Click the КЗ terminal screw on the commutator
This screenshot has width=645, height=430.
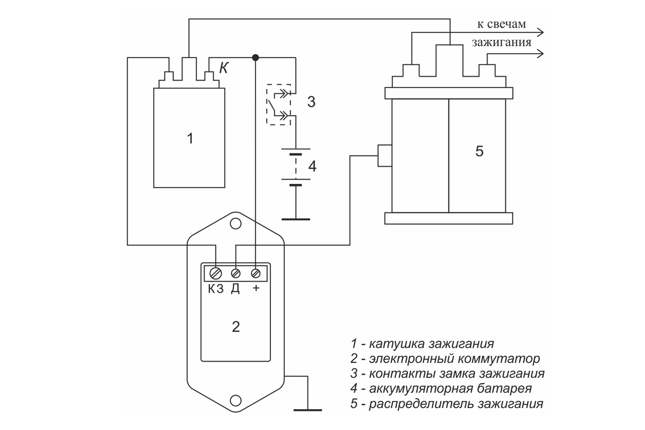(216, 274)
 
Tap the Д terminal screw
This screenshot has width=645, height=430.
(235, 274)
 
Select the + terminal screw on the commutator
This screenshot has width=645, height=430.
(256, 274)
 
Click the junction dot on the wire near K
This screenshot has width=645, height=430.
(255, 58)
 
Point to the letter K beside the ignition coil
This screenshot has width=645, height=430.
(224, 68)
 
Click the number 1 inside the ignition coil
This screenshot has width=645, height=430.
(190, 139)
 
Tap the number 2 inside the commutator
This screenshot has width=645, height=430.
(236, 327)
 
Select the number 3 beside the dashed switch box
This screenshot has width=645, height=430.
(311, 102)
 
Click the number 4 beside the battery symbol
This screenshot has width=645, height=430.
(312, 166)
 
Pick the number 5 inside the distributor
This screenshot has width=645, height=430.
(479, 151)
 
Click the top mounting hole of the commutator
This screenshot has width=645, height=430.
(235, 224)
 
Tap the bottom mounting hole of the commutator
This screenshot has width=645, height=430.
(235, 400)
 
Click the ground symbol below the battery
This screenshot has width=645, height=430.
(296, 219)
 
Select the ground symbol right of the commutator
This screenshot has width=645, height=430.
(308, 410)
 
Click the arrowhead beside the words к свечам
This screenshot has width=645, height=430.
(540, 33)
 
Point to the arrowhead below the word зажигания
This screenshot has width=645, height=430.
(540, 54)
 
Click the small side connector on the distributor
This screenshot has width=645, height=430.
(385, 156)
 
